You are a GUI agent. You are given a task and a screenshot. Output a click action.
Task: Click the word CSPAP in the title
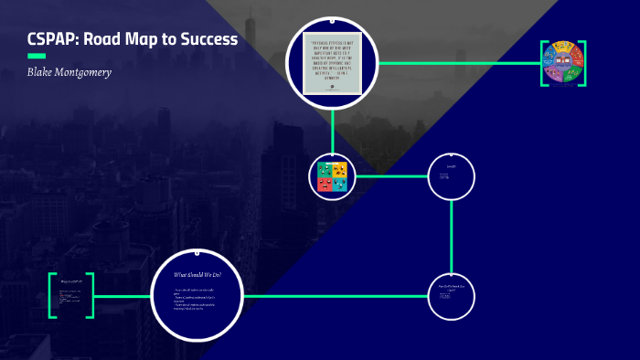click(53, 39)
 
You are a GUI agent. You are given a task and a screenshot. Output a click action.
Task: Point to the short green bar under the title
click(37, 56)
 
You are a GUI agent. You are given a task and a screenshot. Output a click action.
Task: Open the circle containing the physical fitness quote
click(332, 62)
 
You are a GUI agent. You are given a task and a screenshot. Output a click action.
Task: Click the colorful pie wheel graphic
click(562, 62)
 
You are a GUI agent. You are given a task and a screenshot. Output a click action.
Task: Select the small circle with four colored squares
click(332, 175)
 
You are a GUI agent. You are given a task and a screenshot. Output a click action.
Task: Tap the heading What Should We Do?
click(197, 274)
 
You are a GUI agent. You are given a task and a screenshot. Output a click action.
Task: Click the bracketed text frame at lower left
click(71, 295)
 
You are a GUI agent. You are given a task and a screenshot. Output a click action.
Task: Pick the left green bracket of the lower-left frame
click(52, 295)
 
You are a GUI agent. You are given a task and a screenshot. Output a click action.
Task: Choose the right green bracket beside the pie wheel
click(581, 62)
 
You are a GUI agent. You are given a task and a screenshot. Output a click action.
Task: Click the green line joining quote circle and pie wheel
click(457, 62)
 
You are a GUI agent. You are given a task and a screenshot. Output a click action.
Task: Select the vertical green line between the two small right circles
click(452, 236)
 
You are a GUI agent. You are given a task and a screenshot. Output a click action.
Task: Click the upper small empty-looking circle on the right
click(452, 175)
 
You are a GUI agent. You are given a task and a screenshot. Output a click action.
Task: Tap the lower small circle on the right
click(452, 295)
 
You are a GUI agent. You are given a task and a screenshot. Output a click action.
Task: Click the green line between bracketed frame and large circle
click(123, 295)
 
